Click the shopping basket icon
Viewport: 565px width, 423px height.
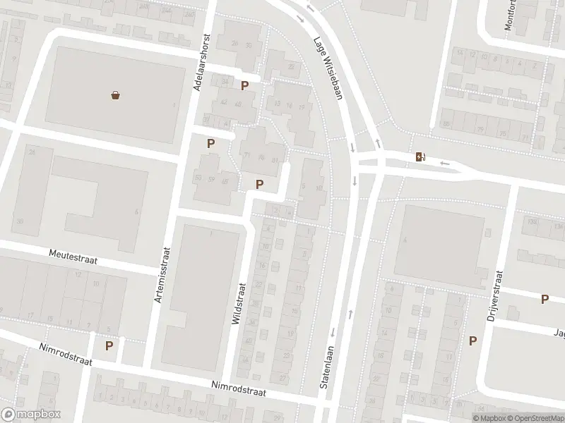pos(115,95)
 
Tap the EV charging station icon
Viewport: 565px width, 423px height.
pos(421,157)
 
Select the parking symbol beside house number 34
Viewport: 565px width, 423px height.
pos(244,86)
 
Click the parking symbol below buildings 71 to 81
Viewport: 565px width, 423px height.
pos(260,184)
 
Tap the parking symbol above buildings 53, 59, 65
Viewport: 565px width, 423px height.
pos(210,143)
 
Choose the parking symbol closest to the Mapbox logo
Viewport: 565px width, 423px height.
pos(109,345)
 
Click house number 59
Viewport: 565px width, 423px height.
pos(211,178)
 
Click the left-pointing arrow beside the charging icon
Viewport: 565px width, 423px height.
pos(444,164)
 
